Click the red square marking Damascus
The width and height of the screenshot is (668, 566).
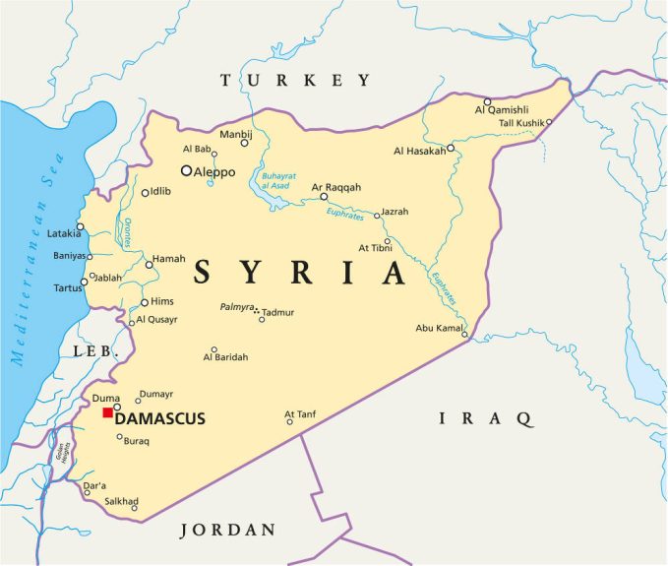tap(107, 412)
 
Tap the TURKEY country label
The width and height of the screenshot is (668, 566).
tap(295, 80)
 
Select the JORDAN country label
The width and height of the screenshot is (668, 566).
tap(227, 530)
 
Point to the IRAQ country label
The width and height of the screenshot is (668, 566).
tap(486, 418)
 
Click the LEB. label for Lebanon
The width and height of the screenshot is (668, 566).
tap(95, 351)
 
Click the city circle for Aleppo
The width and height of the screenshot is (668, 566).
tap(186, 170)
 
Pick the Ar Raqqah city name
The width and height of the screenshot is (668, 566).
tap(336, 186)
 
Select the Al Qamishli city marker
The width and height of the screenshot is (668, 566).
tap(487, 101)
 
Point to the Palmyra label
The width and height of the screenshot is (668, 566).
tap(236, 307)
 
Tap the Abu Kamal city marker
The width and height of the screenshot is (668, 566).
tap(465, 335)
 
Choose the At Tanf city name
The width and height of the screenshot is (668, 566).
tap(302, 413)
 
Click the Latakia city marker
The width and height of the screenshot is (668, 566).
tap(81, 227)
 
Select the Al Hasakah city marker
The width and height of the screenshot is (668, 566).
tap(450, 149)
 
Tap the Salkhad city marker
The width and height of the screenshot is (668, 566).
tap(135, 508)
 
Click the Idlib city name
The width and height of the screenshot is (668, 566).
tap(162, 192)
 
